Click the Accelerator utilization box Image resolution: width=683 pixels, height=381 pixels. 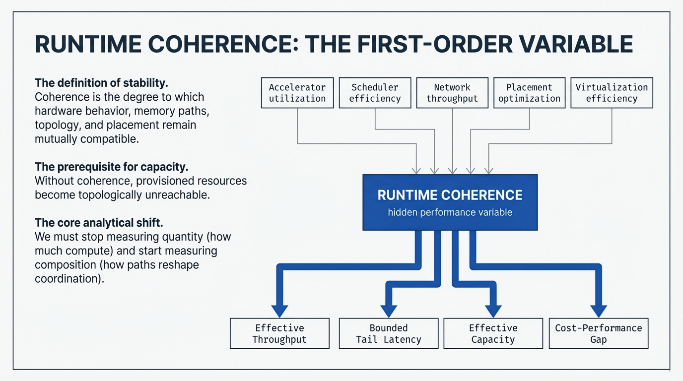click(297, 93)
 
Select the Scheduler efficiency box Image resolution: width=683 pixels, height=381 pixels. click(375, 93)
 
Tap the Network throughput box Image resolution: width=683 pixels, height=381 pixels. click(452, 93)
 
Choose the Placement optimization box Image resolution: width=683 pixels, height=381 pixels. click(529, 93)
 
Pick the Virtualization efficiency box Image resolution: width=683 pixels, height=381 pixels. click(612, 93)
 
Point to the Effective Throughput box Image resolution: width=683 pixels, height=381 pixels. click(279, 333)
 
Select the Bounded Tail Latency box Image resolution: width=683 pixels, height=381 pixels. click(388, 333)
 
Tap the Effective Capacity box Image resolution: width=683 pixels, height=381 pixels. click(493, 333)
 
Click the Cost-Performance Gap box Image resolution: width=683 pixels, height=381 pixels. click(598, 333)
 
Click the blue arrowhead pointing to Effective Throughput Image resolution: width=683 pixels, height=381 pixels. click(279, 311)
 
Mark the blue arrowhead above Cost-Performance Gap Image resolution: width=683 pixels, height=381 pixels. click(598, 311)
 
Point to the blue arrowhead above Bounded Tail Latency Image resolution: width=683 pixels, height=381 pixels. click(388, 311)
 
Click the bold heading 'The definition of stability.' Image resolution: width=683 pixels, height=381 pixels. click(105, 82)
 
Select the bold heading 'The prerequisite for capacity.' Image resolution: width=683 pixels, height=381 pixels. click(111, 167)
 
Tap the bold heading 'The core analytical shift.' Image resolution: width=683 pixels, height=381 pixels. click(99, 223)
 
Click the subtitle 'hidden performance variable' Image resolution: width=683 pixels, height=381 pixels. click(450, 212)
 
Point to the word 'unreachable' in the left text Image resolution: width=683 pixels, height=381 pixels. click(178, 194)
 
